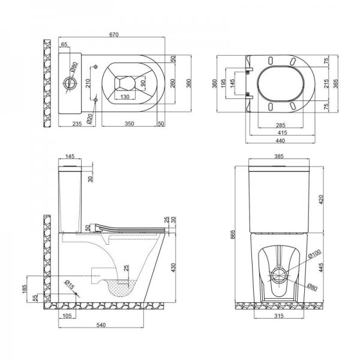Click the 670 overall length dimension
pos(114,34)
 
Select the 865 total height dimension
pos(233,235)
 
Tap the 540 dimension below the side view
pos(101,325)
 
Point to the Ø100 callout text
pos(314,254)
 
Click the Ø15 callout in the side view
pos(70,284)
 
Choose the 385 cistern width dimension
pos(279,156)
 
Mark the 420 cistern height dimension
pos(321,200)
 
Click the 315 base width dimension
pos(279,316)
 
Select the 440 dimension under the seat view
pos(280,140)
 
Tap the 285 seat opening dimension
pos(281,125)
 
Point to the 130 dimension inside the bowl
pos(125,97)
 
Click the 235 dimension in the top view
pos(77,124)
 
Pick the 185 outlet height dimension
pos(25,289)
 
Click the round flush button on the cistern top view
pos(70,83)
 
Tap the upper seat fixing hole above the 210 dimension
pos(96,67)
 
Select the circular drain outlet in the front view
pos(279,275)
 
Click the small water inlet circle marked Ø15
pos(76,293)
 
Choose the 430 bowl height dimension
pos(173,268)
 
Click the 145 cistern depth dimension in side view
pos(70,156)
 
